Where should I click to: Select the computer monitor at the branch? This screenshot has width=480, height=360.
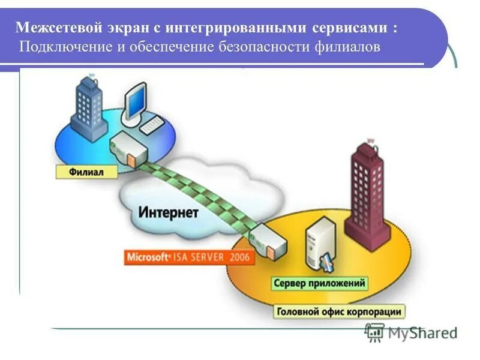137,103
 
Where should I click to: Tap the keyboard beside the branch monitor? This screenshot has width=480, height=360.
152,124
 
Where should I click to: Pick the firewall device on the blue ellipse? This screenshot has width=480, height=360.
128,151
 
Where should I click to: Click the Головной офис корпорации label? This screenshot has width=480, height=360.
340,311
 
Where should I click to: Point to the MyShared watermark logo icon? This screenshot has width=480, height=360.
375,332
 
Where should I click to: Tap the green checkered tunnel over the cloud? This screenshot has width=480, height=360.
198,192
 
